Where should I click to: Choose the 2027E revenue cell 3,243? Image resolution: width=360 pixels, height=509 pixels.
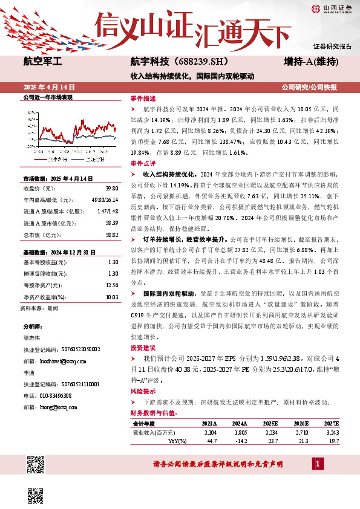[x=330, y=433]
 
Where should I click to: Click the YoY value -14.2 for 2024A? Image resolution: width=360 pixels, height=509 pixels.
[x=240, y=441]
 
